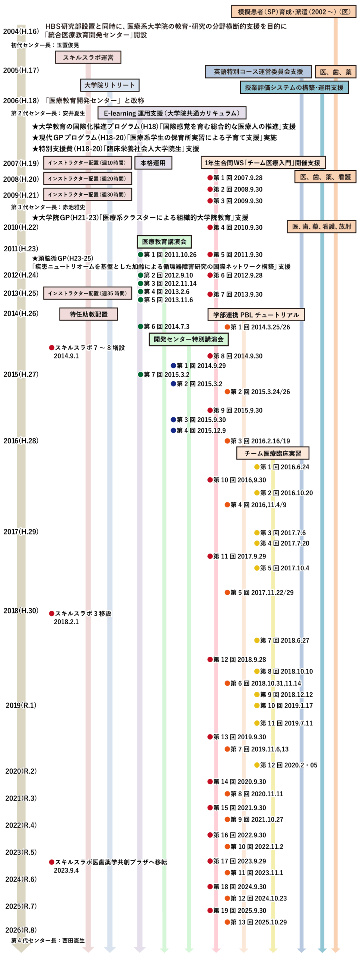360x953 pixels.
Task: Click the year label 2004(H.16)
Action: pyautogui.click(x=21, y=32)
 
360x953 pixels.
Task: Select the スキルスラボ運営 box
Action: pyautogui.click(x=88, y=57)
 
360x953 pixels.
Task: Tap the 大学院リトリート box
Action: pyautogui.click(x=110, y=85)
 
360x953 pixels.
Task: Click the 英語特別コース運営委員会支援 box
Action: pyautogui.click(x=258, y=72)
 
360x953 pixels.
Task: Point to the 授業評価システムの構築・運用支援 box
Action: pyautogui.click(x=294, y=87)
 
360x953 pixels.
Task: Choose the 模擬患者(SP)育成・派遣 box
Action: pyautogui.click(x=294, y=12)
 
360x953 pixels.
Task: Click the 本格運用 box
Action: pyautogui.click(x=153, y=163)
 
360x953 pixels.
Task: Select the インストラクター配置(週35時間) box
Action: pyautogui.click(x=87, y=293)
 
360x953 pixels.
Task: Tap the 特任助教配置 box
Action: pyautogui.click(x=89, y=314)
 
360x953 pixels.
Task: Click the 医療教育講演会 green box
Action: pyautogui.click(x=164, y=242)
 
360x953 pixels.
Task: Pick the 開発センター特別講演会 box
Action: pyautogui.click(x=189, y=339)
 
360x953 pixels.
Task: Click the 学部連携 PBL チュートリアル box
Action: pyautogui.click(x=256, y=315)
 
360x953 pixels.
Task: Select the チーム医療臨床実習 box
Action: pyautogui.click(x=273, y=453)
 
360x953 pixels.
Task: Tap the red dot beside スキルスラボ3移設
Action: pyautogui.click(x=52, y=613)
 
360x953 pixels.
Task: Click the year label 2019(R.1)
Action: pyautogui.click(x=21, y=705)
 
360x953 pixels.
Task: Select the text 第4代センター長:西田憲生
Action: pyautogui.click(x=48, y=940)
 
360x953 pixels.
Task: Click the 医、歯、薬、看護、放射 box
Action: pyautogui.click(x=322, y=227)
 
